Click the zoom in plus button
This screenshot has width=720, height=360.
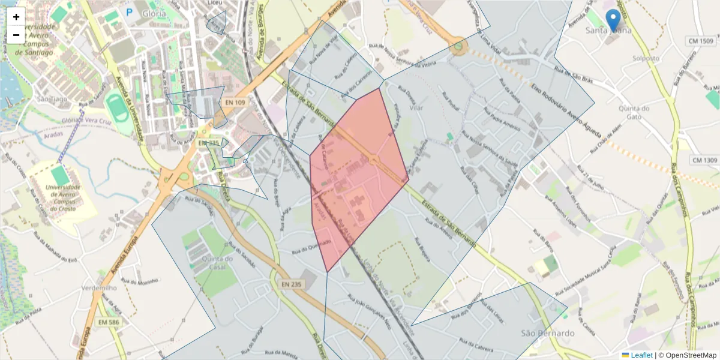point(16,17)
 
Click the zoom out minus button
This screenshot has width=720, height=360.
point(16,35)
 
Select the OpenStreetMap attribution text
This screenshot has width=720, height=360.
point(691,355)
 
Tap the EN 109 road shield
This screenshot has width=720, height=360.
point(235,103)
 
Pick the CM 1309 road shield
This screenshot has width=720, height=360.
point(704,160)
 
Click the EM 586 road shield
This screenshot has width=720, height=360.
point(106,323)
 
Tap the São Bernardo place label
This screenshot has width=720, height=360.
point(547,333)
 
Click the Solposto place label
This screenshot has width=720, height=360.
point(646,59)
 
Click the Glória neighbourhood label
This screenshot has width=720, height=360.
point(154,13)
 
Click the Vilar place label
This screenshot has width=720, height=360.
point(415,108)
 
